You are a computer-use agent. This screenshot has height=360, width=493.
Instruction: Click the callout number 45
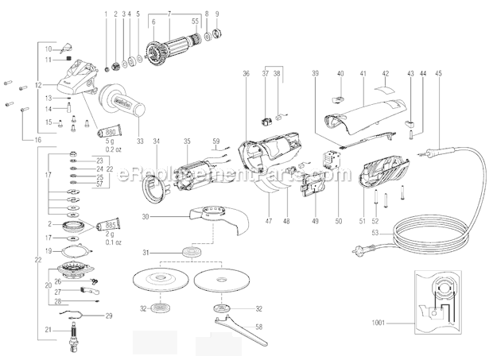pyautogui.click(x=438, y=73)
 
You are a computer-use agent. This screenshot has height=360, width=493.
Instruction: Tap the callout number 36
pyautogui.click(x=246, y=73)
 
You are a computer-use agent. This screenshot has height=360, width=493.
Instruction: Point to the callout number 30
pyautogui.click(x=146, y=216)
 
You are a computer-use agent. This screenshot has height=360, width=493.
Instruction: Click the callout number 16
pyautogui.click(x=37, y=140)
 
